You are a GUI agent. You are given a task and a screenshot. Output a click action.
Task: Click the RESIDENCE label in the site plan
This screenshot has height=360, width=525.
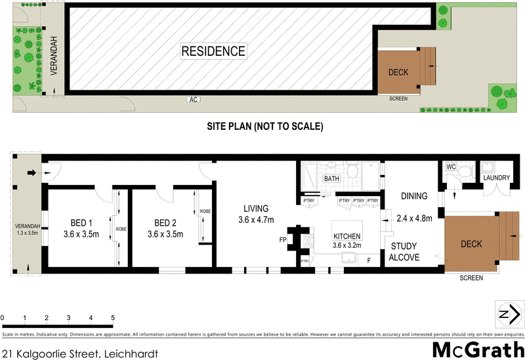point(213,51)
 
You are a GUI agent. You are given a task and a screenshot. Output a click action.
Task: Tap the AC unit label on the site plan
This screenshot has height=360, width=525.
point(193,100)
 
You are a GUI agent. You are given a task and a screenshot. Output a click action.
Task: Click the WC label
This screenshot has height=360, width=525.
point(451,167)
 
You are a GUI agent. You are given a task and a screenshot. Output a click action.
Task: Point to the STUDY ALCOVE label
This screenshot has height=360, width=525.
point(405,252)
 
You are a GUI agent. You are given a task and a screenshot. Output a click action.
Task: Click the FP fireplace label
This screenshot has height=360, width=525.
point(283,239)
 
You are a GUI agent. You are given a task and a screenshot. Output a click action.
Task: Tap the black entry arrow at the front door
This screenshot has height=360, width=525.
point(31,173)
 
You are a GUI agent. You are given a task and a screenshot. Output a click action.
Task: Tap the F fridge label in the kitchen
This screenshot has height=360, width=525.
point(369,261)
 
